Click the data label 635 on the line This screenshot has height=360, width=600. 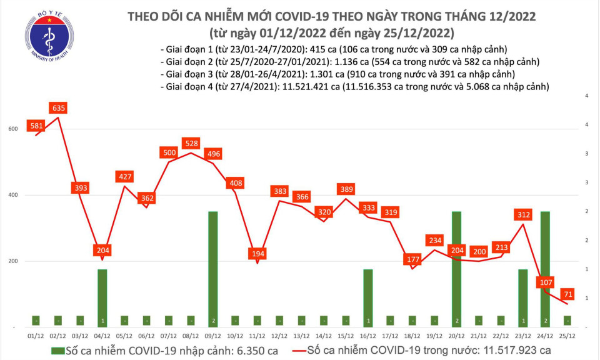(59, 109)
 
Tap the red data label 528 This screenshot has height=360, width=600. (190, 144)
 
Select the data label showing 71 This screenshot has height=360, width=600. (569, 294)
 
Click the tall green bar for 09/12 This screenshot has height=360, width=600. (213, 269)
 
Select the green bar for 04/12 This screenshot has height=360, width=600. (102, 297)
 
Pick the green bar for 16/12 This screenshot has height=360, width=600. (369, 297)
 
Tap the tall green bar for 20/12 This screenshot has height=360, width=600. (456, 269)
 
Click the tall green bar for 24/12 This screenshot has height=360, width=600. (546, 269)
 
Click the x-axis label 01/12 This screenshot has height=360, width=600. (35, 337)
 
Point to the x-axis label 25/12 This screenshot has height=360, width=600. (568, 337)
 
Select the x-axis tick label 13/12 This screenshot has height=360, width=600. (302, 337)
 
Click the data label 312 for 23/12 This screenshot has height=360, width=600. (522, 215)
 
